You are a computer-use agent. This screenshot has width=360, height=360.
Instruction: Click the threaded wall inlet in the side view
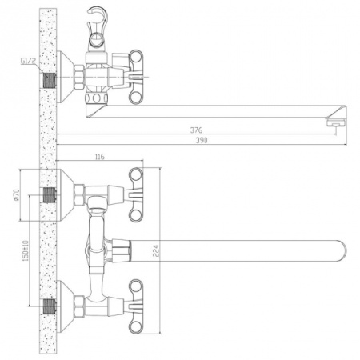(52, 80)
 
